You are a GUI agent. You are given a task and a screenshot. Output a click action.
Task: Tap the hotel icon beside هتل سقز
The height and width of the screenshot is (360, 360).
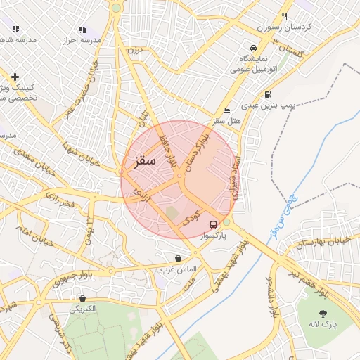point(226,111)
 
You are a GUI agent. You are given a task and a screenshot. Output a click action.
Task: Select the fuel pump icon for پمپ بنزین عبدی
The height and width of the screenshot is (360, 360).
point(267,95)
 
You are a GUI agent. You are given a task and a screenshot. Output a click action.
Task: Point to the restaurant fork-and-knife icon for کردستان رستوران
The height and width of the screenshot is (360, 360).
point(284,15)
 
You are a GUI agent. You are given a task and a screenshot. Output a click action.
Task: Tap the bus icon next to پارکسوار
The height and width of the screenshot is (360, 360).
point(213,225)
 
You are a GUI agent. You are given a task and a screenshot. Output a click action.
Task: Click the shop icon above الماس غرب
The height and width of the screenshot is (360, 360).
point(177,258)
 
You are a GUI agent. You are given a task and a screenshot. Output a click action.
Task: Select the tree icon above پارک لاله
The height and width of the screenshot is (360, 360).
point(323,313)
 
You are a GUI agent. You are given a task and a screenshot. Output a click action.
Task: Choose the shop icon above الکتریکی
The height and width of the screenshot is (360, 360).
point(82,298)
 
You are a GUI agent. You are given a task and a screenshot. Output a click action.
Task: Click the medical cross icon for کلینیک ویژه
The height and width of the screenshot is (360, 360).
point(15,77)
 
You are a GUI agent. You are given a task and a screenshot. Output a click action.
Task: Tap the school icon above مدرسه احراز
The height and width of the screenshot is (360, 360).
point(82,30)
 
